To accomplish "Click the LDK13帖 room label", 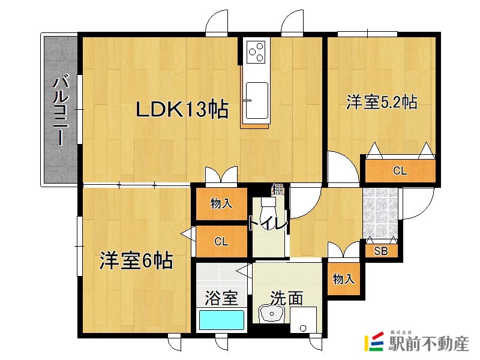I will [182, 110].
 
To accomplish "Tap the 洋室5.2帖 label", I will [381, 103].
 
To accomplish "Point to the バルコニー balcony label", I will [60, 111].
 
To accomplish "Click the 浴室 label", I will [221, 298].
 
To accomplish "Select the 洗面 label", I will [286, 298].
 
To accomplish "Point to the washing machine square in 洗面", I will [303, 319].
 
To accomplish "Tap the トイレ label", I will [268, 223].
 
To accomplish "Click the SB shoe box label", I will [381, 251].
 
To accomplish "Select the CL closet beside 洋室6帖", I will [221, 242].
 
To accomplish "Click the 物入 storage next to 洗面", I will [344, 279].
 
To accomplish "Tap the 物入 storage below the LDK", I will [221, 204].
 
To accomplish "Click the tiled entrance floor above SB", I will [381, 213].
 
